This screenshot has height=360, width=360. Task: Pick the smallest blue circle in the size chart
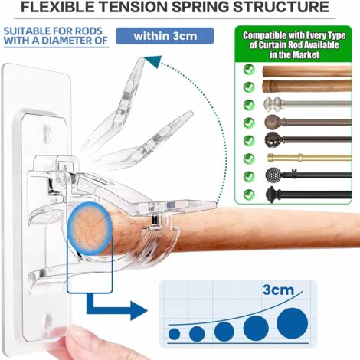tap(175, 334)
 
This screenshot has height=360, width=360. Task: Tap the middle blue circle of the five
tap(224, 331)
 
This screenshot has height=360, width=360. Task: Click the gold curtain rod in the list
tap(306, 157)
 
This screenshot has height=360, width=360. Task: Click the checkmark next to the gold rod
tap(249, 158)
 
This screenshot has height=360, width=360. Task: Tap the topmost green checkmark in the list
tap(249, 69)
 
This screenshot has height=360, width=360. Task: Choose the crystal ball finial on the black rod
tap(274, 175)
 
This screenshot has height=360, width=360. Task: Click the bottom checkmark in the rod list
tap(249, 193)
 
